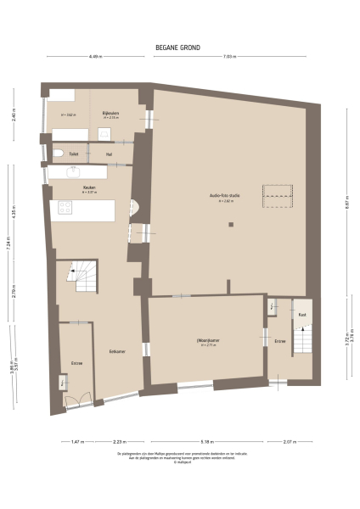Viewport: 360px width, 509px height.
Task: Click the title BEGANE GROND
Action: (179, 48)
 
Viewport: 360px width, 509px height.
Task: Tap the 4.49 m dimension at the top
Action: (95, 57)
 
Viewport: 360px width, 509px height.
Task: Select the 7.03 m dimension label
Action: (228, 57)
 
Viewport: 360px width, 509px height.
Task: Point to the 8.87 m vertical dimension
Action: (347, 204)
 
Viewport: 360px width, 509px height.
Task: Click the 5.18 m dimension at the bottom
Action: (208, 441)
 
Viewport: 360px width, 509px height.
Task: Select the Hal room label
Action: (109, 154)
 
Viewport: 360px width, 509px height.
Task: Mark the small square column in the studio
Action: (230, 224)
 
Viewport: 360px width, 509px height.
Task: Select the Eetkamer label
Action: (106, 351)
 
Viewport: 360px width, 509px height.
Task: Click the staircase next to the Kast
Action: (303, 339)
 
